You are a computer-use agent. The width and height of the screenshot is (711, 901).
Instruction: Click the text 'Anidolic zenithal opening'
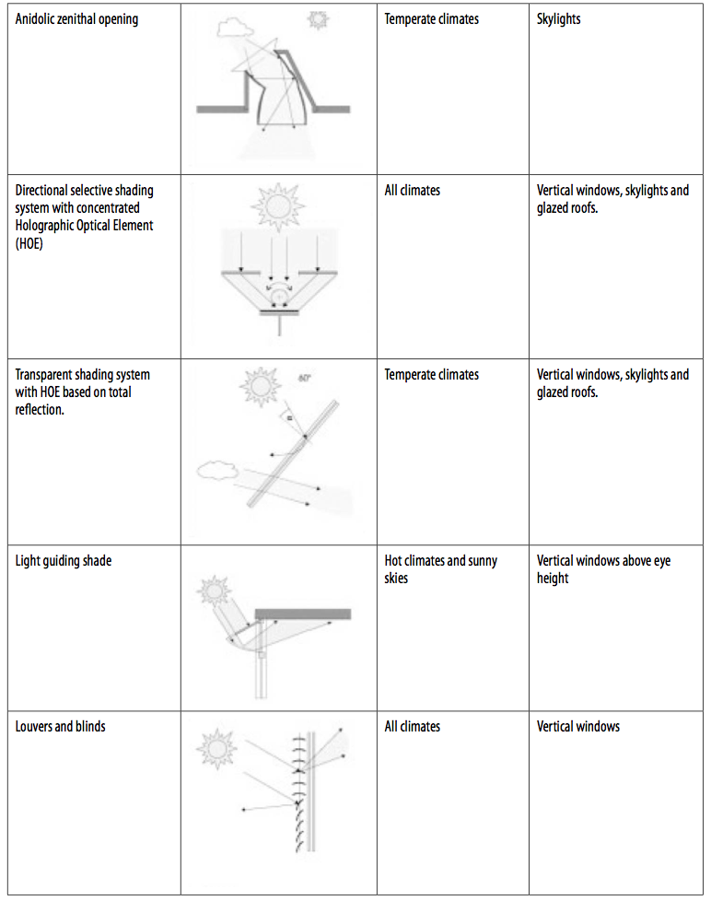[x=76, y=19]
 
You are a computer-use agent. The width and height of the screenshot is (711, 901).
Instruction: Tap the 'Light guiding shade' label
[x=64, y=561]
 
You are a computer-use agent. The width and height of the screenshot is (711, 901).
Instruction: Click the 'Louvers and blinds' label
[x=60, y=726]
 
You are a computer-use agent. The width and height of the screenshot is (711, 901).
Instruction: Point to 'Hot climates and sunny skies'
[x=440, y=569]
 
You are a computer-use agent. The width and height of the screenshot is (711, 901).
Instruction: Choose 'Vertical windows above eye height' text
[x=603, y=569]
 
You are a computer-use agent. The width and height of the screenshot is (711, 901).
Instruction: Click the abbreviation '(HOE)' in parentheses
[x=29, y=243]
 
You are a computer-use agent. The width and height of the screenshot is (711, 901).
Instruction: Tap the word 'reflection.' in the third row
[x=40, y=410]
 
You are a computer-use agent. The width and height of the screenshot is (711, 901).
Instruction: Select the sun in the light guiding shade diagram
[x=214, y=591]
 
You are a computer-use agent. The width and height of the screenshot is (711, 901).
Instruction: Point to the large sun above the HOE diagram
[x=278, y=205]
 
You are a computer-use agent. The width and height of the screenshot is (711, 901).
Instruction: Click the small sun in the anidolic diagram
[x=318, y=20]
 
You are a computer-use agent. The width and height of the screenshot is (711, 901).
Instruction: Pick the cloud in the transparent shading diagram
[x=217, y=470]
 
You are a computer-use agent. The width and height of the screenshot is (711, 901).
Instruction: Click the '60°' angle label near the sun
[x=304, y=378]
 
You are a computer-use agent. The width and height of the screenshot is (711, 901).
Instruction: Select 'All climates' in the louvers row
[x=413, y=726]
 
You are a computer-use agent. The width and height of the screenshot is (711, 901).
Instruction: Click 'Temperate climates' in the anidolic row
[x=431, y=19]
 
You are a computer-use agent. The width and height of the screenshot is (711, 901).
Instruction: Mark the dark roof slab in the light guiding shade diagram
[x=303, y=614]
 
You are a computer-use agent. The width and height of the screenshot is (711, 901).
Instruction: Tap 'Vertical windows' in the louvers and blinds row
[x=578, y=726]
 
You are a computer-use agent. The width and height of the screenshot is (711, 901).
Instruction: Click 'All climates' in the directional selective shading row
[x=413, y=190]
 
